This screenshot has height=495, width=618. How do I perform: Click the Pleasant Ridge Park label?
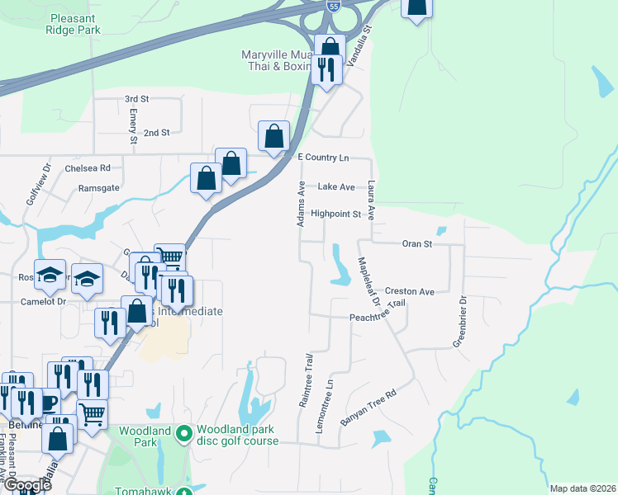coord(74,23)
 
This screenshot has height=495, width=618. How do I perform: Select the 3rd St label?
coord(136,99)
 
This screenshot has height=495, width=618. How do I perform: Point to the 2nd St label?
coord(156,132)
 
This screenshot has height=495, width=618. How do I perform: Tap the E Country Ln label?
coord(323,157)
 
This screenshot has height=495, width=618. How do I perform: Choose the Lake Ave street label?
coord(336,187)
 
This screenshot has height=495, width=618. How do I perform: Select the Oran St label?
coord(416,244)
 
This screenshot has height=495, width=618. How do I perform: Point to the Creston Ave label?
coord(409,292)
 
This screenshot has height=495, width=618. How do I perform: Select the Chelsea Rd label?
coord(88,167)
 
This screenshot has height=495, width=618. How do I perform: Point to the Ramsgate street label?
coord(97,188)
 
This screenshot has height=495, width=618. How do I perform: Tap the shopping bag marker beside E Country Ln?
coord(273,137)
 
